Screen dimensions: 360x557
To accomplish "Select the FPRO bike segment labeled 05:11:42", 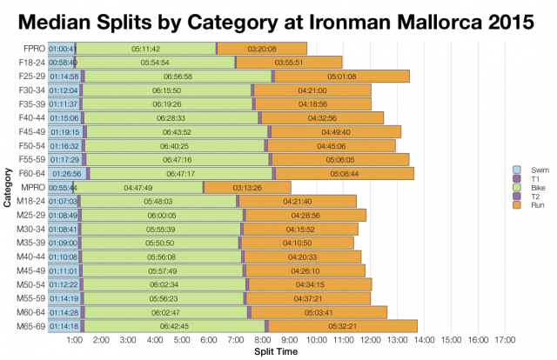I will (144, 49).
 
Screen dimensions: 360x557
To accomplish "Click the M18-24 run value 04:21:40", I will (297, 201).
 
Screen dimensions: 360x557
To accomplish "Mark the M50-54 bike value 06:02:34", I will (164, 284).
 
